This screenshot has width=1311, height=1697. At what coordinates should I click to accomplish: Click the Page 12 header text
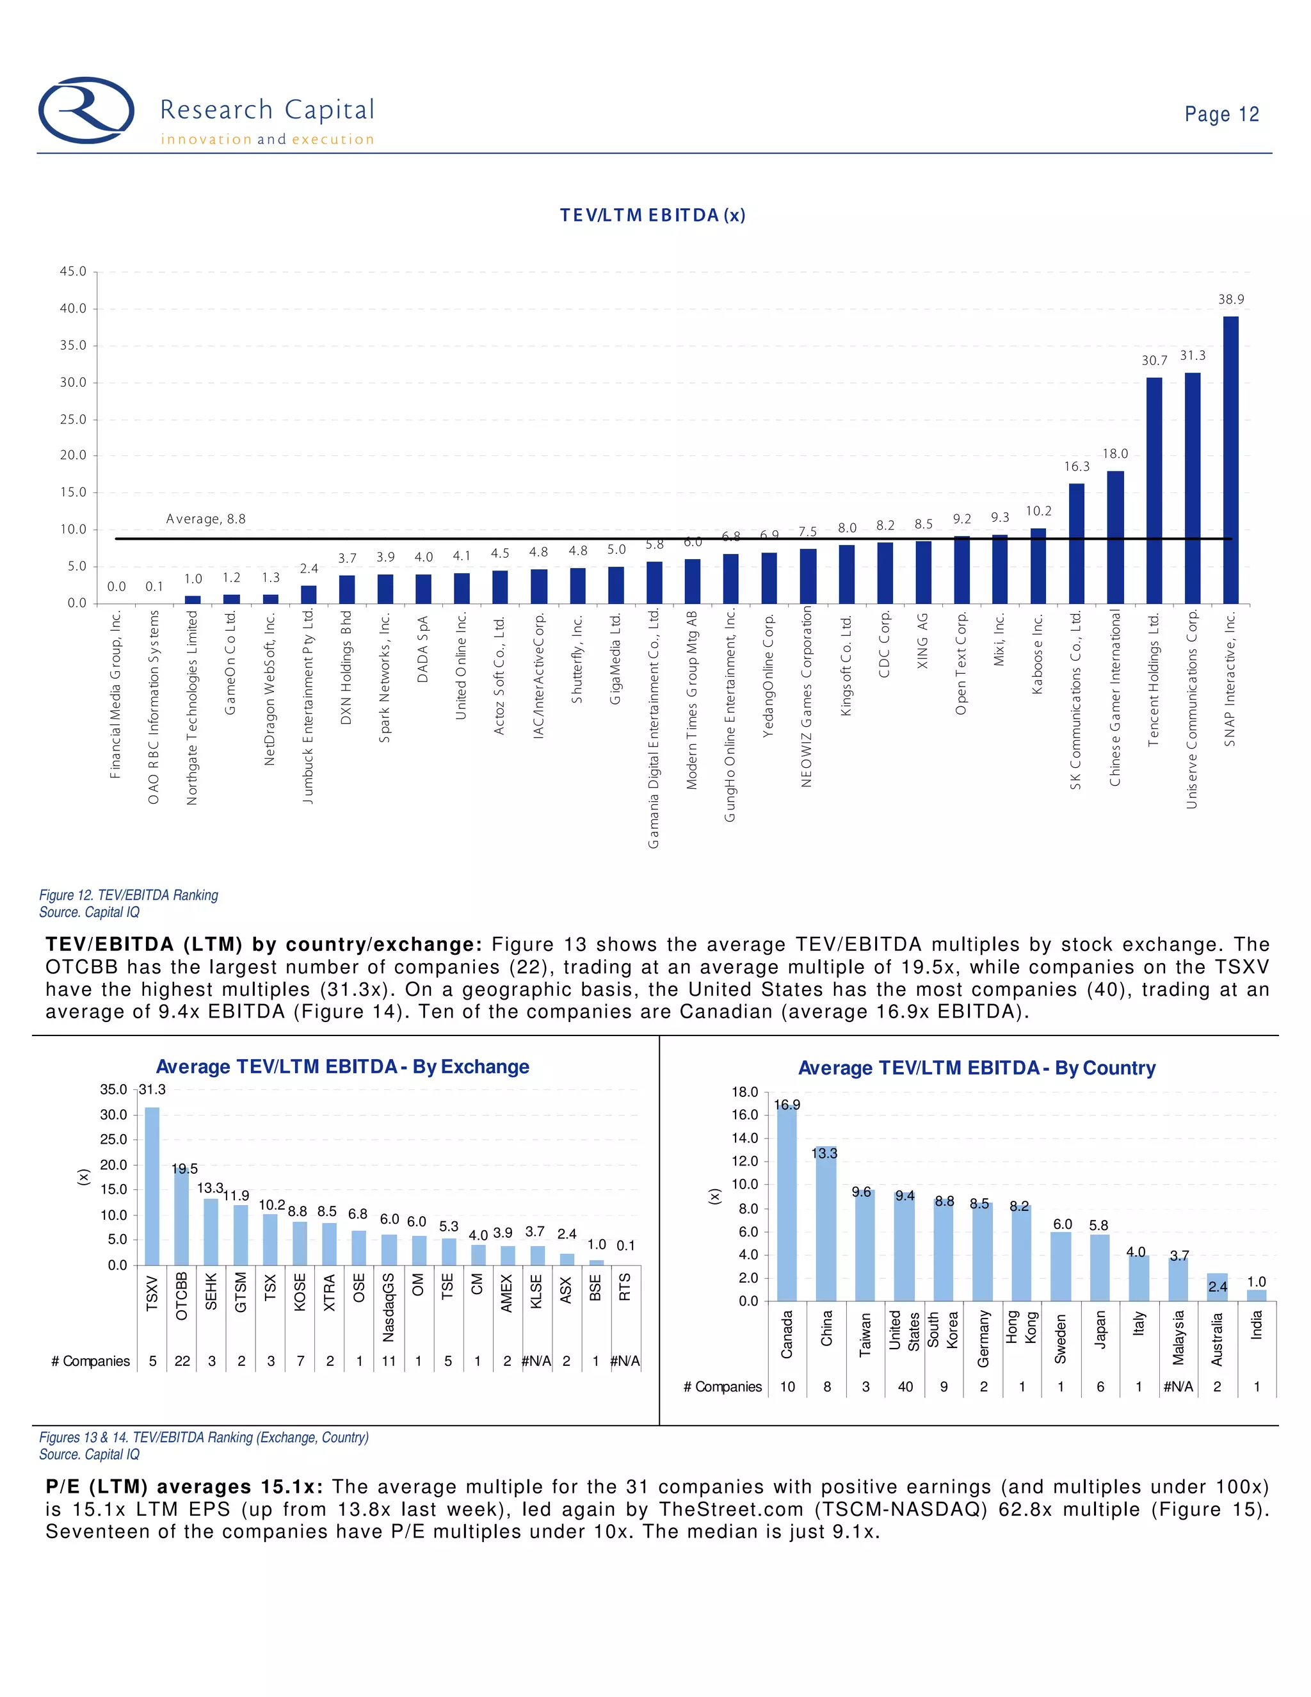point(1221,114)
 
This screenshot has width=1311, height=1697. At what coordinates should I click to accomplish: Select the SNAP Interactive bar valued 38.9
point(1230,459)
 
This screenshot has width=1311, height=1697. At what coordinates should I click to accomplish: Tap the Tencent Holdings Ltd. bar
point(1154,489)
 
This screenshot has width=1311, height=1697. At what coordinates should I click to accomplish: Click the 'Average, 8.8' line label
point(206,519)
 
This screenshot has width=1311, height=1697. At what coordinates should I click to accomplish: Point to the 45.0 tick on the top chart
point(73,272)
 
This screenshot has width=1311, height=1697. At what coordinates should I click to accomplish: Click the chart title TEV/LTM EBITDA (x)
point(652,215)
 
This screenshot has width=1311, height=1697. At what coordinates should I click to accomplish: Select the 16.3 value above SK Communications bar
point(1077,466)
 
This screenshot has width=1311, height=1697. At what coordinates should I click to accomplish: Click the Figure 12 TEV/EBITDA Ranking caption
point(129,895)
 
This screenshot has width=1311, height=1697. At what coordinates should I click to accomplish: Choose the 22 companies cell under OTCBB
point(182,1361)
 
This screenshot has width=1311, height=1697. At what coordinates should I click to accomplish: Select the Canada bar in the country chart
point(787,1204)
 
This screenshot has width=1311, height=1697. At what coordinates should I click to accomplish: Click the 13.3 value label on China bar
point(824,1153)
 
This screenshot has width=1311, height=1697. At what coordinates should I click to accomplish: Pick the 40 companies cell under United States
point(905,1387)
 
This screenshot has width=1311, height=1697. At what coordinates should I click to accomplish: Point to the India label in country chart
point(1256,1324)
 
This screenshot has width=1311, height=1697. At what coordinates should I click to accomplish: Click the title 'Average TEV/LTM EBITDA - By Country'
point(976,1068)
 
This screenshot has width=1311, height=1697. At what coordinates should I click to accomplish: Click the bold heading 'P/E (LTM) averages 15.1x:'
point(185,1487)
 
